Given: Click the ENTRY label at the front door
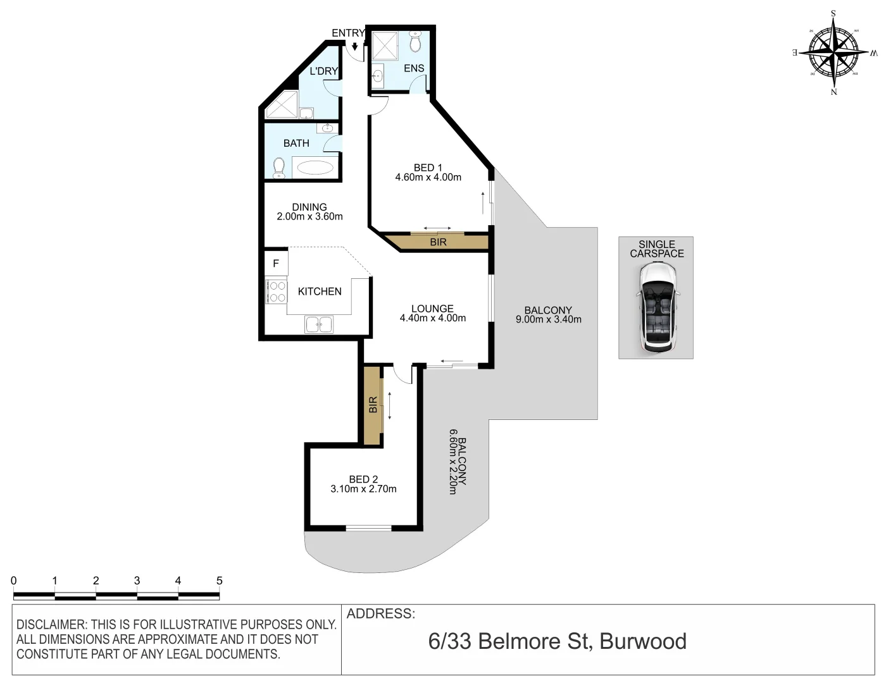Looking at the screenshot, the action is (x=347, y=33).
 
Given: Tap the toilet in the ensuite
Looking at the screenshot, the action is (x=415, y=43).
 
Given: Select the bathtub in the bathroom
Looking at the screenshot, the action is (x=315, y=168).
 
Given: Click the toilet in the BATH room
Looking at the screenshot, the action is (x=278, y=168).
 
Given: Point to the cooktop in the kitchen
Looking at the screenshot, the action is (x=277, y=292).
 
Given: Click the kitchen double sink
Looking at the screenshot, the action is (x=319, y=324).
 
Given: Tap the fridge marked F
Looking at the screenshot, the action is (x=276, y=263).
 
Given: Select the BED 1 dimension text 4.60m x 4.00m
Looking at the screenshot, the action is (x=428, y=178).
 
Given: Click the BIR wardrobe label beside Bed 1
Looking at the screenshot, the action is (x=438, y=242).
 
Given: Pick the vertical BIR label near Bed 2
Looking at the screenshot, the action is (x=373, y=405).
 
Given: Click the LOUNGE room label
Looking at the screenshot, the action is (x=432, y=309).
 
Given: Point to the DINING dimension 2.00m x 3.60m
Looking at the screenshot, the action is (x=309, y=216).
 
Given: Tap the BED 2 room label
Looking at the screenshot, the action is (x=363, y=479).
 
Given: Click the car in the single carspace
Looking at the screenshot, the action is (x=657, y=307).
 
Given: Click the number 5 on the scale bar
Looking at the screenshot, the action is (x=220, y=581).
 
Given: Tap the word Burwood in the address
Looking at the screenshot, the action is (x=642, y=641).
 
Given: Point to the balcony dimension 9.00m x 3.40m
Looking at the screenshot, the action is (x=549, y=320).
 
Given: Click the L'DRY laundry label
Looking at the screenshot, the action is (x=323, y=71).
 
